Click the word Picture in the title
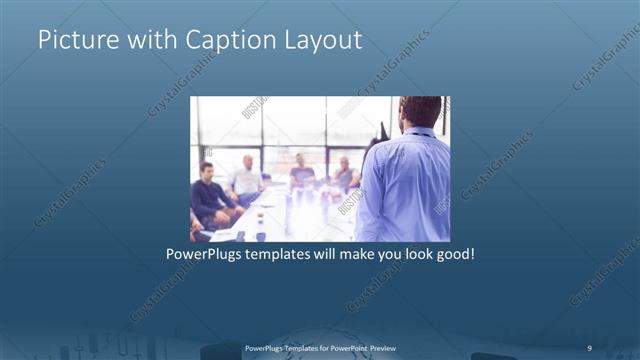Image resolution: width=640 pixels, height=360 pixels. tap(77, 41)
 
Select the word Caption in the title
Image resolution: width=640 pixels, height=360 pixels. tap(228, 41)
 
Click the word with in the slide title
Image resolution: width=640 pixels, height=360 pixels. tap(152, 41)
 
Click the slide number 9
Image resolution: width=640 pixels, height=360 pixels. tap(589, 347)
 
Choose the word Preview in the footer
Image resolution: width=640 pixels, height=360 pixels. tap(397, 347)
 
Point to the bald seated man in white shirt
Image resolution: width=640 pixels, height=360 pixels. tap(246, 178)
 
